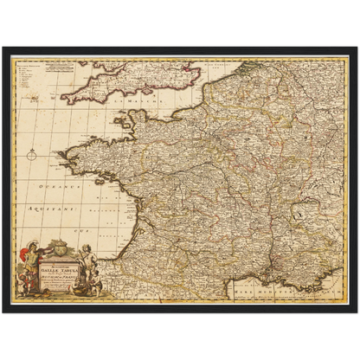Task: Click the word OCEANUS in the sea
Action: (x=60, y=184)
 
